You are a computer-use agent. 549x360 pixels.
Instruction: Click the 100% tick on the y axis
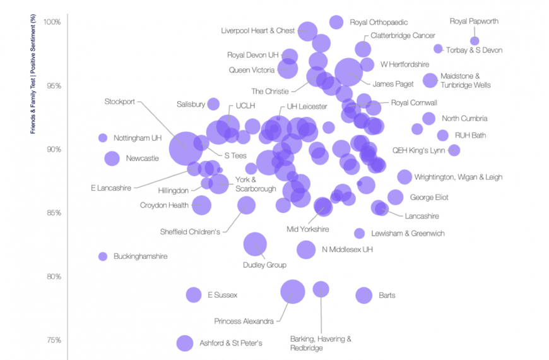coord(52,22)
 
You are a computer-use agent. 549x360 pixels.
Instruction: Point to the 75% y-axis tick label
coord(54,340)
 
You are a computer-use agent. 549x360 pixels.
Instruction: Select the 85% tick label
coord(54,213)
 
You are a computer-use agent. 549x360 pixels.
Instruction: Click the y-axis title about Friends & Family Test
coord(33,74)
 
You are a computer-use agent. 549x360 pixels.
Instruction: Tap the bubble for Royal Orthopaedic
coord(336,23)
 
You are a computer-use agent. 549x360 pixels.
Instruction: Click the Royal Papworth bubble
coord(475,41)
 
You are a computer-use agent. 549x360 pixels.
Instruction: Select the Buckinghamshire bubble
coord(103,256)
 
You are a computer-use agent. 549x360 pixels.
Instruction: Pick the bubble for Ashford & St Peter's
coord(185,343)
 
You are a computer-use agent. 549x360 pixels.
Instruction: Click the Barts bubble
coord(363,296)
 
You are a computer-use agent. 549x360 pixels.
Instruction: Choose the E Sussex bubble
coord(194,295)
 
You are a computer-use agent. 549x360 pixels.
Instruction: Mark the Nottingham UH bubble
coord(103,138)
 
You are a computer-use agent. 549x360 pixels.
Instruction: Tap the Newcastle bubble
coord(112,159)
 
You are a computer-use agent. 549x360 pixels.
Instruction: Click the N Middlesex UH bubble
coord(306,249)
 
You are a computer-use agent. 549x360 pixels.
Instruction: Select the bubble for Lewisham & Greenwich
coord(359,234)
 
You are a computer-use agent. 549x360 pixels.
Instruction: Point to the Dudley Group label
coord(264,265)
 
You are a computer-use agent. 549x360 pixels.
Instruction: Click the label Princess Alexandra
coord(244,321)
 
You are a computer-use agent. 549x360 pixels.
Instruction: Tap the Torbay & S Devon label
coord(474,50)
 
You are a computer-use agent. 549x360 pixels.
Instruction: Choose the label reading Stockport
coord(120,102)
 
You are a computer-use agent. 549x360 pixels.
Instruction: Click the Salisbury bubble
coord(213,104)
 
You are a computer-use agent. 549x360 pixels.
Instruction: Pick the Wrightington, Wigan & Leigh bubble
coord(404,177)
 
